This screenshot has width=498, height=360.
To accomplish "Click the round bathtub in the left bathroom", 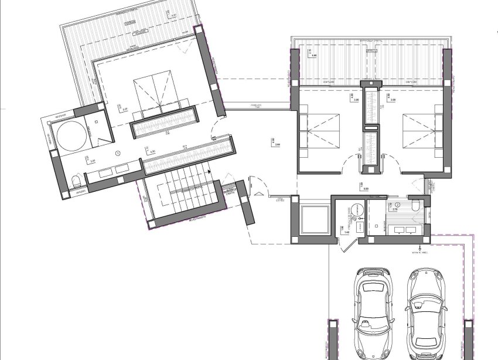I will [71, 136].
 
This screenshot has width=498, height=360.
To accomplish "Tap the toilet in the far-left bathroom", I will [76, 179].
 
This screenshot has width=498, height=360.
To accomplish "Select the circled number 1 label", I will [118, 154].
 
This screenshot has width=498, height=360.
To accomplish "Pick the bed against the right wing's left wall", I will [321, 133].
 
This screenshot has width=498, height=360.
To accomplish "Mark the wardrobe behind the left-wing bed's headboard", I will [163, 122].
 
